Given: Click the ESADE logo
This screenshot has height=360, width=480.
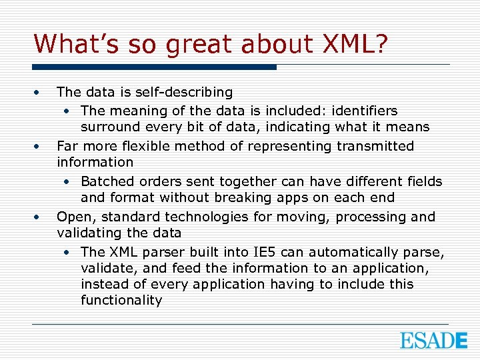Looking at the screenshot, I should [433, 340].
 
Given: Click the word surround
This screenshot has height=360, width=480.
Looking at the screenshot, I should [109, 127].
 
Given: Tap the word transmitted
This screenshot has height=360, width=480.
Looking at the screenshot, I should [375, 145].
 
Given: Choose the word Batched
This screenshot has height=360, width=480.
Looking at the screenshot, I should [107, 181].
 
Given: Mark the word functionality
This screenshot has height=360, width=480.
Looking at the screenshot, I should [121, 301].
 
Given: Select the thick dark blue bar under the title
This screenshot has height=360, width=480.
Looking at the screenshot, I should [155, 67].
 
